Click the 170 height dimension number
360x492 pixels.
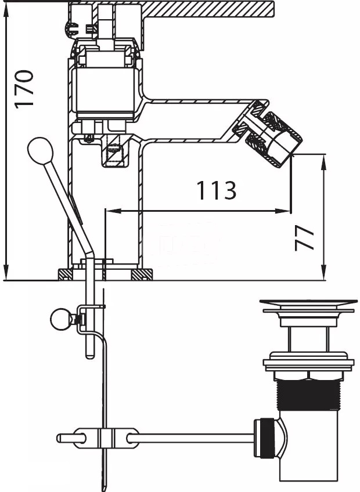24,89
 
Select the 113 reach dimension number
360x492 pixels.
216,190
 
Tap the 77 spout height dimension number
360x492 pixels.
304,238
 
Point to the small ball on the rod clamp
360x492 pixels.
61,320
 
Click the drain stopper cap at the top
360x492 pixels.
308,303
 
